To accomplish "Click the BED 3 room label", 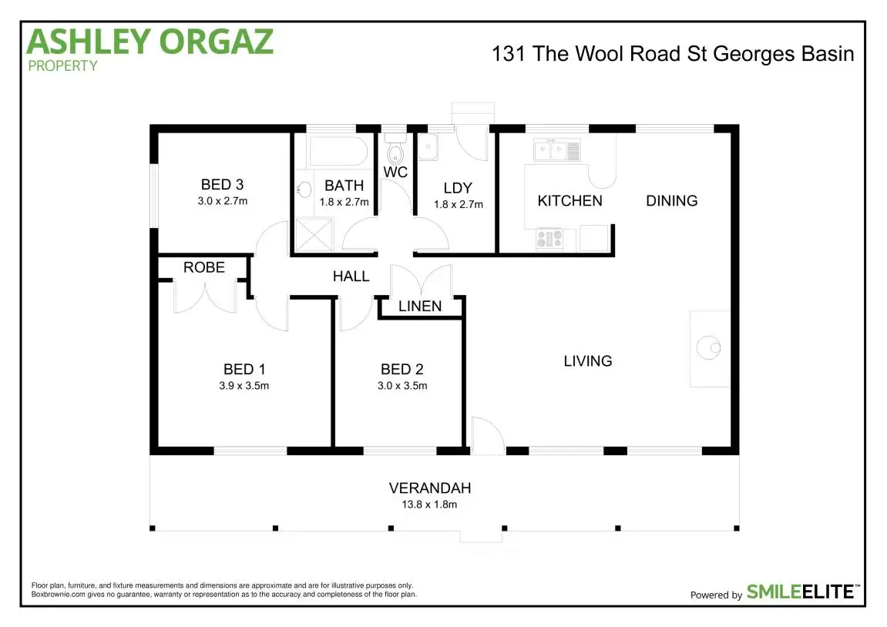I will pos(222,185).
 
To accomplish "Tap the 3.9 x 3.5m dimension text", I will pos(244,386).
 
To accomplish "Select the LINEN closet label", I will pos(420,307).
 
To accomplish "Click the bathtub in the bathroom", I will pos(338,151).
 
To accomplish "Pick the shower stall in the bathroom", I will pos(314,236).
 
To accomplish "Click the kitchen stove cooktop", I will pos(549,240).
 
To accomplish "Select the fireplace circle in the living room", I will pos(708,348).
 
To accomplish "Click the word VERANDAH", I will pos(429,488).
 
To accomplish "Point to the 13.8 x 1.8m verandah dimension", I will pos(429,505).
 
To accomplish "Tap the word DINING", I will pos(671,201).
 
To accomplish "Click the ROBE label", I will pos(204,267).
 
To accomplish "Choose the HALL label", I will pos(351,276).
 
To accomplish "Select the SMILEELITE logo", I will pos(801,592).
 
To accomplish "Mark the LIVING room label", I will pos(588,360).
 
